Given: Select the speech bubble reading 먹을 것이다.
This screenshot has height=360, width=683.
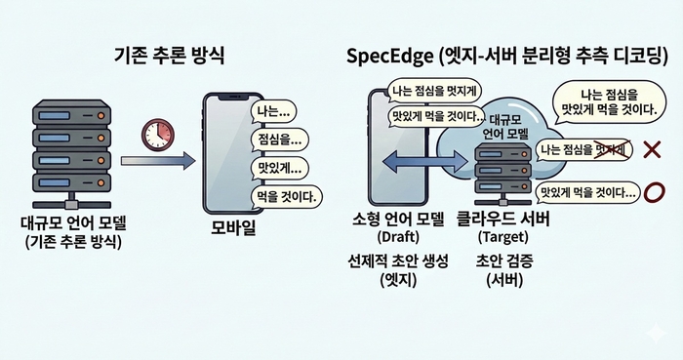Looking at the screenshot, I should pyautogui.click(x=285, y=195).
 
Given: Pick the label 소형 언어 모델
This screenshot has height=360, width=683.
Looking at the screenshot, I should pyautogui.click(x=395, y=219).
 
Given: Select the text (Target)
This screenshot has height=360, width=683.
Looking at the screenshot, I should pyautogui.click(x=502, y=236).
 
